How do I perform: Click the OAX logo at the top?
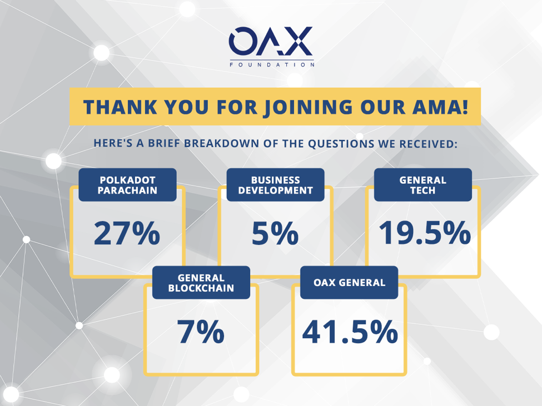(x=271, y=41)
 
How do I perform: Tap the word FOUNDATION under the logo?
(x=271, y=65)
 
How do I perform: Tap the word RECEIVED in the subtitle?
(x=427, y=143)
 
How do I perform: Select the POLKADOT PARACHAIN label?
(x=127, y=186)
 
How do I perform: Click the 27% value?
(x=127, y=233)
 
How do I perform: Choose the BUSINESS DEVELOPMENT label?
(x=275, y=186)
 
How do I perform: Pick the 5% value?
(x=275, y=233)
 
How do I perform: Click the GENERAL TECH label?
(x=422, y=186)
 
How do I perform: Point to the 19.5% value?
(x=425, y=233)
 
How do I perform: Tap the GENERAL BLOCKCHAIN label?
(x=201, y=283)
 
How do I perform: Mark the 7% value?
(x=201, y=332)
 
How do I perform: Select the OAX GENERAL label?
(x=349, y=283)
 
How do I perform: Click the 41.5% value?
(x=350, y=332)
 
